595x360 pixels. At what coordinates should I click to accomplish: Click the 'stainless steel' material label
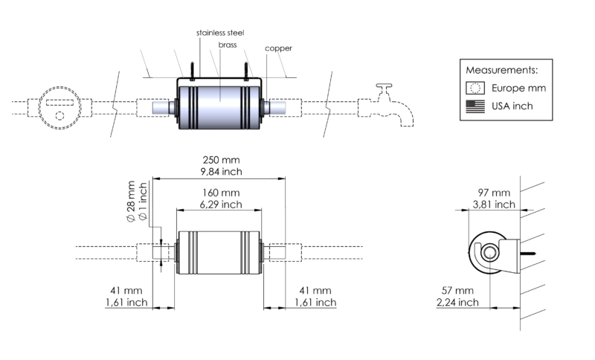[x=220, y=33]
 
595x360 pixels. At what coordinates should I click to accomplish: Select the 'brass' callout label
[x=228, y=45]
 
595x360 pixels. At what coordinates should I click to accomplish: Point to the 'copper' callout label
[x=278, y=48]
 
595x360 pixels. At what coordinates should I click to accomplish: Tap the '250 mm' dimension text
[x=221, y=160]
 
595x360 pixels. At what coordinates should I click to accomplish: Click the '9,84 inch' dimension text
[x=221, y=172]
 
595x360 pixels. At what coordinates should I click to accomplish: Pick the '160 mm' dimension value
[x=221, y=193]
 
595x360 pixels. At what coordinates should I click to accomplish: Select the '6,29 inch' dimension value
[x=221, y=205]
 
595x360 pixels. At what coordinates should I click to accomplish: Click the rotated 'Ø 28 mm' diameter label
[x=131, y=202]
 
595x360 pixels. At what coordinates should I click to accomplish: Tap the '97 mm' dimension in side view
[x=494, y=193]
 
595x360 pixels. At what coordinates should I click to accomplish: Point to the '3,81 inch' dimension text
[x=494, y=205]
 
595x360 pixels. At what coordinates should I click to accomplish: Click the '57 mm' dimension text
[x=457, y=291]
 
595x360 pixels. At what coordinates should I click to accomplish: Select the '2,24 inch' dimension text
[x=457, y=302]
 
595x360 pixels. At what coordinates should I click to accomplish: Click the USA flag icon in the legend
[x=475, y=106]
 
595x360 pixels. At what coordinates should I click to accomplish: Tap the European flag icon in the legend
[x=475, y=88]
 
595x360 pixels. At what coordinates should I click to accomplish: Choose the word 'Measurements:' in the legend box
[x=501, y=70]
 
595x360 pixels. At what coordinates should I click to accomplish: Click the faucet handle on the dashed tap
[x=384, y=86]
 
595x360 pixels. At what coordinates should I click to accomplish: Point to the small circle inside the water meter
[x=59, y=116]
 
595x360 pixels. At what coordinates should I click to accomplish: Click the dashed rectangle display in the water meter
[x=59, y=103]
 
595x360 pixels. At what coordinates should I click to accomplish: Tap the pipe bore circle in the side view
[x=489, y=253]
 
